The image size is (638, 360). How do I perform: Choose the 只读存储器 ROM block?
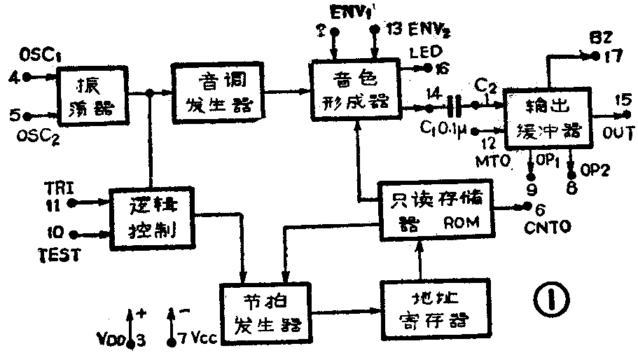click(435, 211)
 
